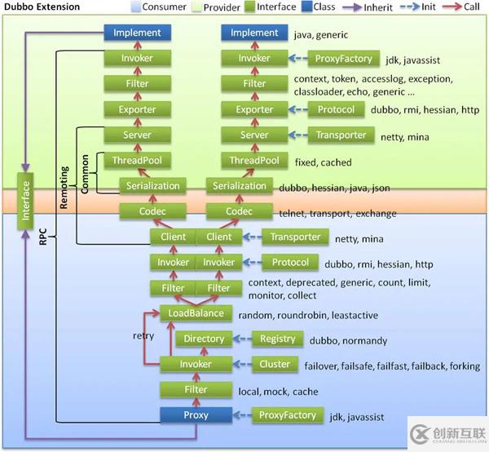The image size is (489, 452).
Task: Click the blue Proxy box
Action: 196,414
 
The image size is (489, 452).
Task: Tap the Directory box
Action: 203,339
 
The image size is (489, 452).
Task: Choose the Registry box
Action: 277,339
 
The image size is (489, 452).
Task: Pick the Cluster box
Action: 275,364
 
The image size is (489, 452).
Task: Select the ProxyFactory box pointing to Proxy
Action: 288,415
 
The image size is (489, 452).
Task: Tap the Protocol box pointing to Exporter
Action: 336,109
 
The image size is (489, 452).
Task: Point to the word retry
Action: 143,335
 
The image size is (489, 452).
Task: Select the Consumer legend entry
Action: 158,7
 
